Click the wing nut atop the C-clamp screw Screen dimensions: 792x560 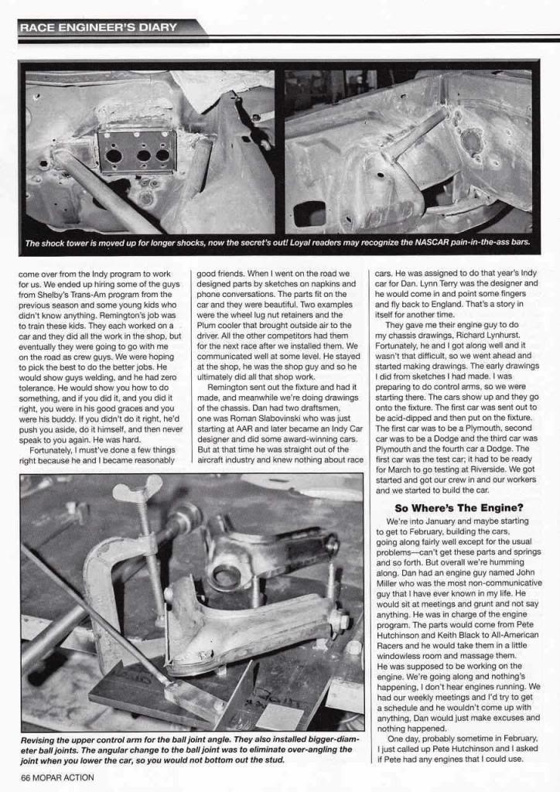pyautogui.click(x=137, y=490)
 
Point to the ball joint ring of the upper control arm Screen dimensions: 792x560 pyautogui.click(x=227, y=575)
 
